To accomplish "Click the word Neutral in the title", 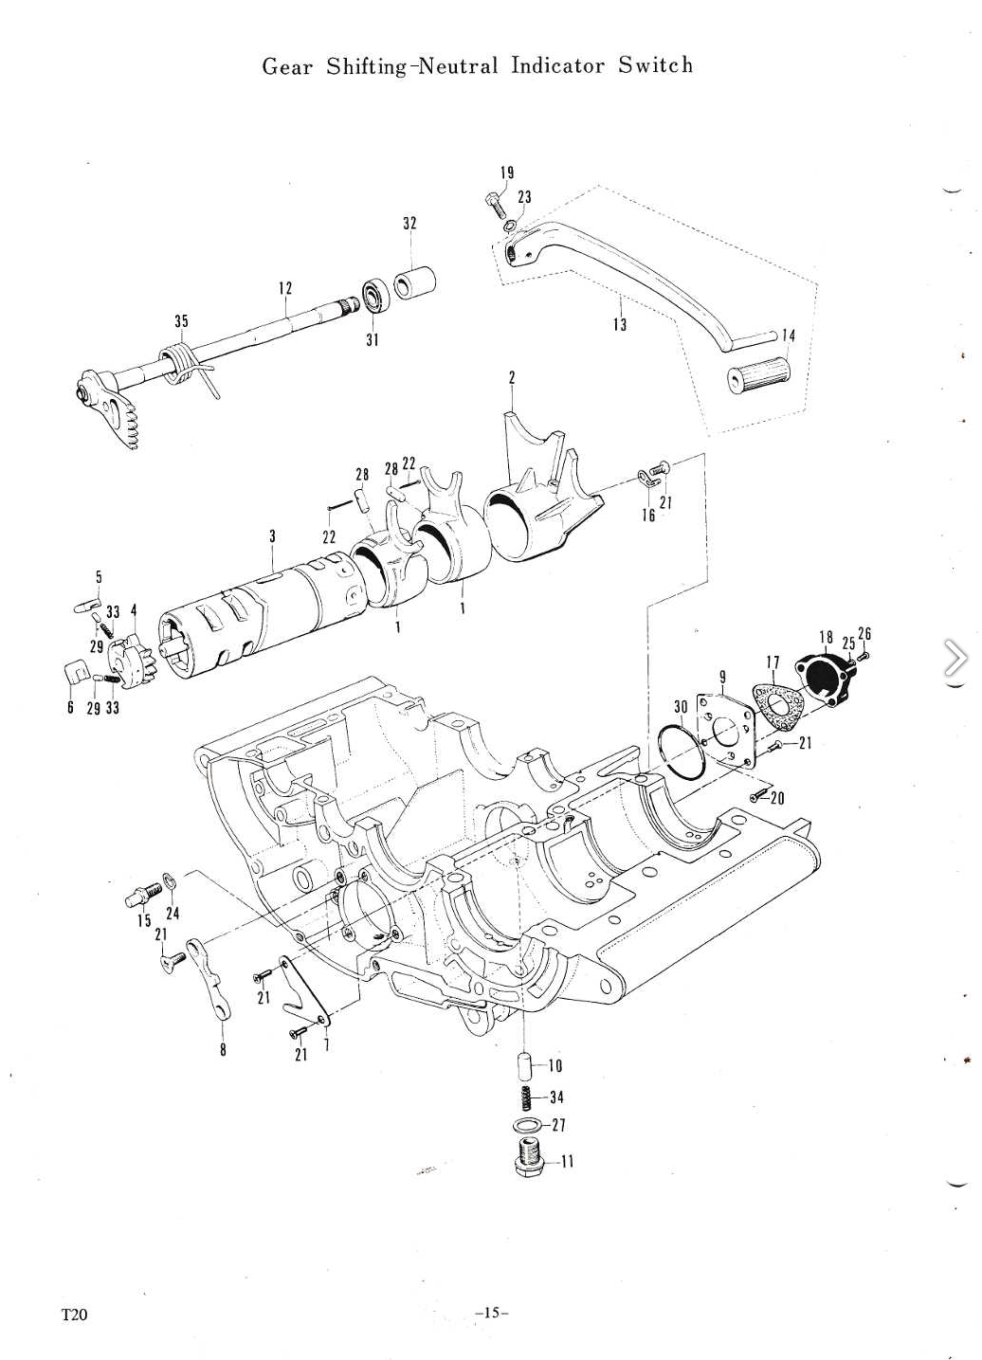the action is pos(459,65).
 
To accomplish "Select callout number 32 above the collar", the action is pos(409,223).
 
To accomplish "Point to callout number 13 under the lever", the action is pos(620,324).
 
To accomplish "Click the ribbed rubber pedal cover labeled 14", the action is pos(760,376).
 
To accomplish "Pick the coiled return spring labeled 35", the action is pos(182,364).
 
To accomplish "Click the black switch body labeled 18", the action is pos(826,679).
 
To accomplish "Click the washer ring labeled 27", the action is pos(526,1124).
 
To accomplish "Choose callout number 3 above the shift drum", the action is pos(273,536).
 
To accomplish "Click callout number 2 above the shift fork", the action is pos(512,377).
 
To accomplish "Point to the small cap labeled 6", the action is pos(75,671).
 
